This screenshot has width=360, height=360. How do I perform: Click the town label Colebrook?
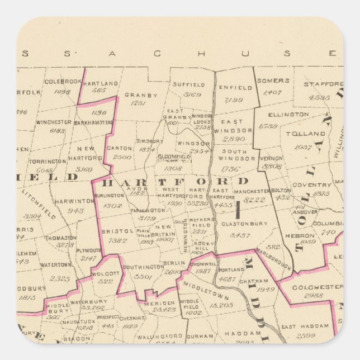(63, 81)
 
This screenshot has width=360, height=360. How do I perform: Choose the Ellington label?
(292, 114)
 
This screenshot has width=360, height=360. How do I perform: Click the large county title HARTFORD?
(175, 182)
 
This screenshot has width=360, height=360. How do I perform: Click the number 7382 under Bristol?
(117, 240)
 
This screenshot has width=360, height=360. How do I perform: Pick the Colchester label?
(316, 287)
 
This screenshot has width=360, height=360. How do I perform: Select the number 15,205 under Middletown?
(220, 305)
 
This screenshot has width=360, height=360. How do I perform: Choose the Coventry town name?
(312, 185)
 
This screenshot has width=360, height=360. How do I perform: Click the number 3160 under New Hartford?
(84, 169)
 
